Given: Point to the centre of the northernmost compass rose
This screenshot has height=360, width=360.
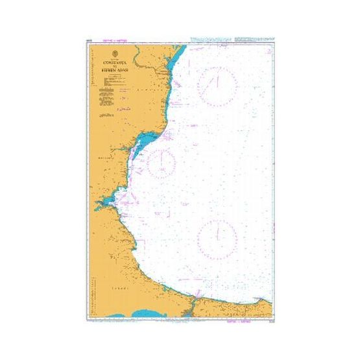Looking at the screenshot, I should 219,87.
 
